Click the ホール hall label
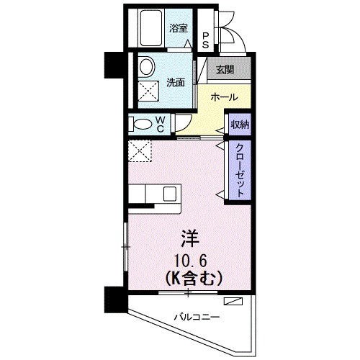pyautogui.click(x=224, y=96)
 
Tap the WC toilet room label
pyautogui.click(x=161, y=124)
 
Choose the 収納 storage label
pyautogui.click(x=239, y=125)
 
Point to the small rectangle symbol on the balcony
pyautogui.click(x=235, y=302)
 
